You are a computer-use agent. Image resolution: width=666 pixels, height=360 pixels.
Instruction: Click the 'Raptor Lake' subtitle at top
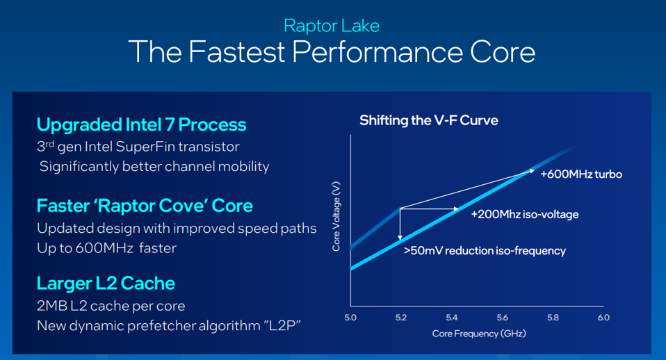(x=332, y=26)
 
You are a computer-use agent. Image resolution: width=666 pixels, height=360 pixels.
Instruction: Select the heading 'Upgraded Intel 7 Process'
(x=141, y=125)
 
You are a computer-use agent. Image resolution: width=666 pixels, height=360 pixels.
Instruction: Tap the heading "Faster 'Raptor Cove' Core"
(x=145, y=206)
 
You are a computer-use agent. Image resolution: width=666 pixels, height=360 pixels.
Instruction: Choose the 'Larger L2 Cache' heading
(x=106, y=284)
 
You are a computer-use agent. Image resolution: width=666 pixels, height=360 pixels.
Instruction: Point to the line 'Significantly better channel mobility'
(x=154, y=167)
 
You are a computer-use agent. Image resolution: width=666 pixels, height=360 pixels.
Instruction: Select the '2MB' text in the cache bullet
(x=51, y=306)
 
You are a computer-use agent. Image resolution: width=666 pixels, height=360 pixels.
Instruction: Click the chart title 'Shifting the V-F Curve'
(x=428, y=121)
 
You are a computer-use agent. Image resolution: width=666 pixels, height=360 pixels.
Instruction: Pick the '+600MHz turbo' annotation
(x=580, y=174)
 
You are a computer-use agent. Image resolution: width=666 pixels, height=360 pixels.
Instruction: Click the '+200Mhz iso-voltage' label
(x=524, y=214)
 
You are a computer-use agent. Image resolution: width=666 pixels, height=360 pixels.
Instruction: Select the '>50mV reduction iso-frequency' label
(x=485, y=250)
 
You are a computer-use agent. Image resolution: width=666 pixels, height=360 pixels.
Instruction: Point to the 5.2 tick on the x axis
(x=401, y=318)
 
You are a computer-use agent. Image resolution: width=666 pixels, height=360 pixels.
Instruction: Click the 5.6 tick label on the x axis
(x=502, y=318)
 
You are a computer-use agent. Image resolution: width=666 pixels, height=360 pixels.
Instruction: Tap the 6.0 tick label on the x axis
(x=603, y=318)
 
